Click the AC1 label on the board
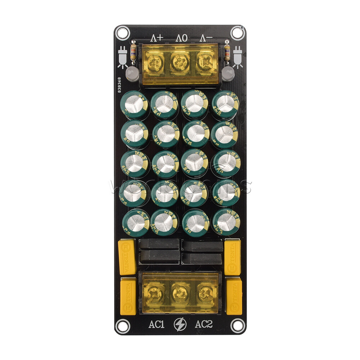pos(156,324)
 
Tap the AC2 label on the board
pos(204,324)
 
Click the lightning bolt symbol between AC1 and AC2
pos(180,324)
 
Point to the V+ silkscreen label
pos(157,38)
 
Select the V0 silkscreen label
pos(181,38)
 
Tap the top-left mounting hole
pos(122,33)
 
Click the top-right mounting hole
pos(238,33)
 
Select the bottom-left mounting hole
pos(122,326)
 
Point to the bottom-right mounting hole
pos(238,326)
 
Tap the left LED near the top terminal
pos(132,74)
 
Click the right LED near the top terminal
pos(228,74)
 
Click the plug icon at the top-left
pos(122,58)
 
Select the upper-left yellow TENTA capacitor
pos(127,257)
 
